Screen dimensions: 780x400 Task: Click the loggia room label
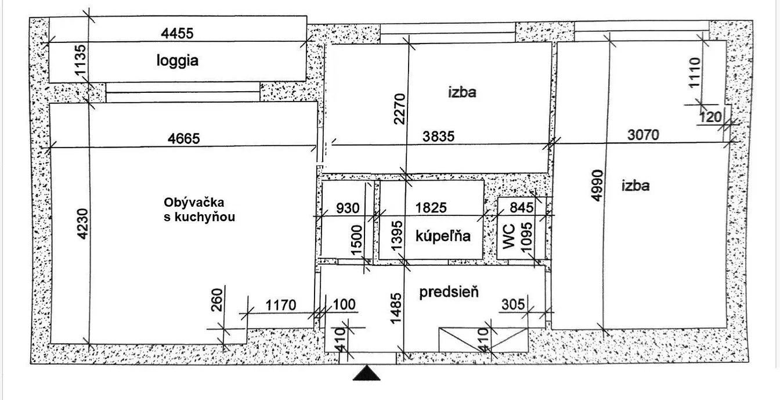click(x=178, y=60)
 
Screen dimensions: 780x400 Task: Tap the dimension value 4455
click(x=177, y=34)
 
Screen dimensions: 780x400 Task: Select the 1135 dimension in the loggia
click(x=81, y=60)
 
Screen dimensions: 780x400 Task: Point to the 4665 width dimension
click(x=184, y=139)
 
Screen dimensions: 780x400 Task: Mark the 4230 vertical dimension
click(x=83, y=224)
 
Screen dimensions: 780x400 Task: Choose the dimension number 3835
click(x=438, y=136)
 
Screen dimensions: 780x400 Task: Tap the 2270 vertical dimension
click(x=400, y=109)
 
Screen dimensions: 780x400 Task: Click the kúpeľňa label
click(x=443, y=236)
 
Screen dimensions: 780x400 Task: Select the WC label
click(x=509, y=237)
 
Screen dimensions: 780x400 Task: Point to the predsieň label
click(x=449, y=292)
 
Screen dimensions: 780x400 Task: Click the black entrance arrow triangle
click(x=366, y=373)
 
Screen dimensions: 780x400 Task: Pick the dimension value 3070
click(x=643, y=135)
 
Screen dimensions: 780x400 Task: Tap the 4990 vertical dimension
click(x=597, y=185)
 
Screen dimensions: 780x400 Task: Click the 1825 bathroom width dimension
click(x=431, y=208)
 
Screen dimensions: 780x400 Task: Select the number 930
click(x=348, y=208)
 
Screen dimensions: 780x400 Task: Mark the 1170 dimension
click(x=281, y=305)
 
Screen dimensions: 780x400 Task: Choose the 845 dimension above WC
click(x=522, y=208)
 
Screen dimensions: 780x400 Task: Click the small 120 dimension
click(x=710, y=117)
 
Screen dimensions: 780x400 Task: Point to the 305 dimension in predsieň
click(x=513, y=305)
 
